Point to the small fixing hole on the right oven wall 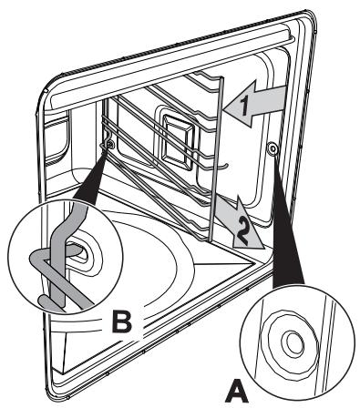coord(273,148)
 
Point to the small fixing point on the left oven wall coord(109,143)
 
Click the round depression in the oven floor coord(182,273)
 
